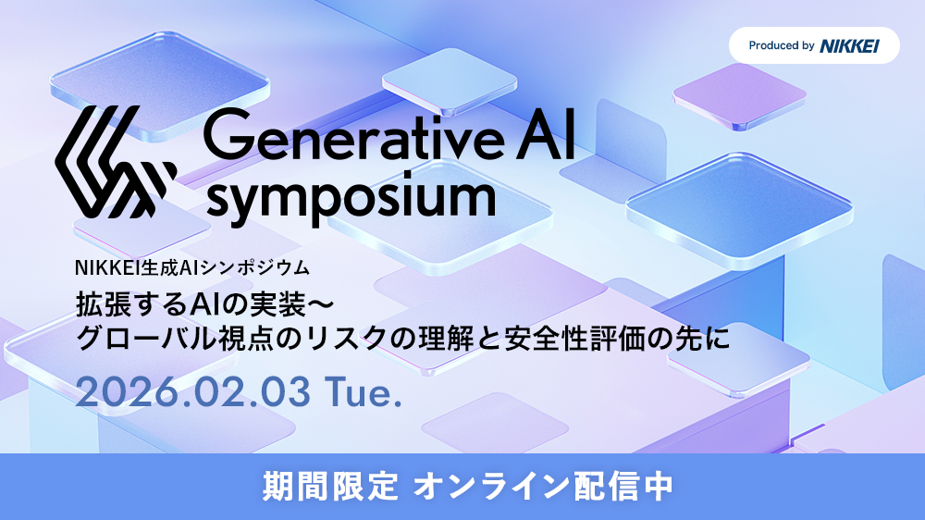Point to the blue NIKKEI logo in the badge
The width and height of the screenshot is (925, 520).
coord(848,45)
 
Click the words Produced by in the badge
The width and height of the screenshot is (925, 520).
coord(782,45)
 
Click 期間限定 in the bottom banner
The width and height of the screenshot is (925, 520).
coord(329,486)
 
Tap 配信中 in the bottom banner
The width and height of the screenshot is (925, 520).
coord(632,486)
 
